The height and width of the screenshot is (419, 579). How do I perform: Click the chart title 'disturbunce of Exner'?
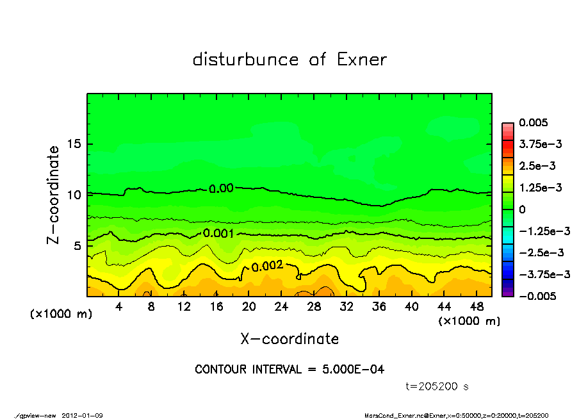289,60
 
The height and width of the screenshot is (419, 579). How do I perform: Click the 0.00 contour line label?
221,188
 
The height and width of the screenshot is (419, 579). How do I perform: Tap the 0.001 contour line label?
218,233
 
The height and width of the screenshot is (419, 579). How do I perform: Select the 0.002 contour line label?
267,266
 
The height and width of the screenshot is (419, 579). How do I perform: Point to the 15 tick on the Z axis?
74,144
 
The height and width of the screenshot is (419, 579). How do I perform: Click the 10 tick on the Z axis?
74,194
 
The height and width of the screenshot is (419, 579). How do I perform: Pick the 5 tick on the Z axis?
77,245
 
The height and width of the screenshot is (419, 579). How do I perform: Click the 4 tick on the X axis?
119,307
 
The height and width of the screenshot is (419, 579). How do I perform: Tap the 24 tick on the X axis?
281,307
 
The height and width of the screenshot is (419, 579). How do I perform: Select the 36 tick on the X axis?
379,307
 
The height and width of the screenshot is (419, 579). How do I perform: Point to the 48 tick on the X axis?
476,307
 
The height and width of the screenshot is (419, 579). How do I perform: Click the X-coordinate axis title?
289,338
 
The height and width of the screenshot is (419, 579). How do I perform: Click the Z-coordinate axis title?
54,194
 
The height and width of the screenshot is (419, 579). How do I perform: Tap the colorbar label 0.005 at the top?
534,122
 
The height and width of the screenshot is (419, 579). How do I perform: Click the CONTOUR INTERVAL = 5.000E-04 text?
289,370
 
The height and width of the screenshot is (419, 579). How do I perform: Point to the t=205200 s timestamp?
438,386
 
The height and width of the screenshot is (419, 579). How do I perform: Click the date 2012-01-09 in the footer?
83,415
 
